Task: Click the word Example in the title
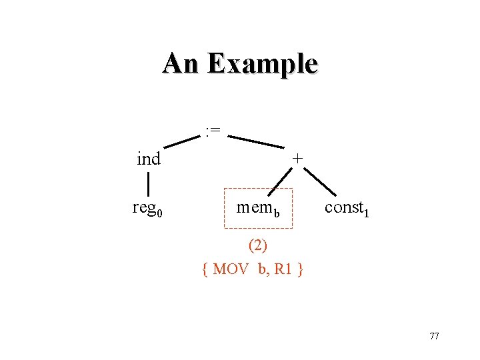tap(262, 64)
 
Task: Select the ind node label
tap(148, 159)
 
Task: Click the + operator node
tap(297, 159)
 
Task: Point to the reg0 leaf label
tap(147, 209)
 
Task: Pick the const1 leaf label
tap(346, 208)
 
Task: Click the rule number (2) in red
tap(258, 245)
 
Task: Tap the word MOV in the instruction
tap(231, 269)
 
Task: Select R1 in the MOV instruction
tap(286, 269)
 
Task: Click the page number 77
tap(434, 336)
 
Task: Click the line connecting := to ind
tap(183, 141)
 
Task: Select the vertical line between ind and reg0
tap(147, 182)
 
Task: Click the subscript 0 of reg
tap(160, 213)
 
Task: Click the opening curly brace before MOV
tap(205, 270)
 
